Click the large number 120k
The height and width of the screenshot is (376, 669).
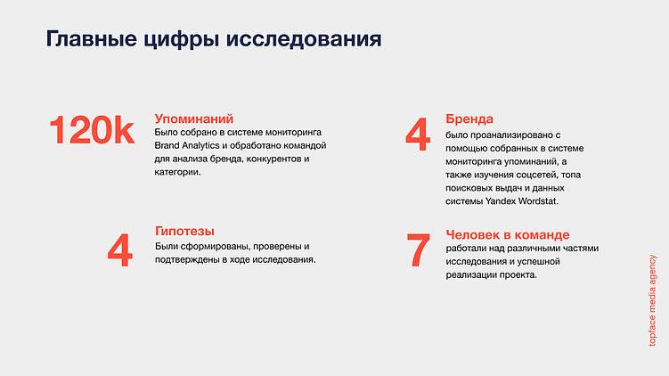92,131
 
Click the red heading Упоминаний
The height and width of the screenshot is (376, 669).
194,118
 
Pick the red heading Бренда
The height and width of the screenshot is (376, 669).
469,119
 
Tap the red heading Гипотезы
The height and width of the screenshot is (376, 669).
184,231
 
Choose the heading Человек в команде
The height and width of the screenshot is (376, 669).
505,233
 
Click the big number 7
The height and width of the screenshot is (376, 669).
417,250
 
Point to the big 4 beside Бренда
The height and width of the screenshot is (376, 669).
417,135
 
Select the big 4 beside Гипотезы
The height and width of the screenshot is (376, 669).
119,250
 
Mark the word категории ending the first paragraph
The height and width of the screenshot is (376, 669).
177,172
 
